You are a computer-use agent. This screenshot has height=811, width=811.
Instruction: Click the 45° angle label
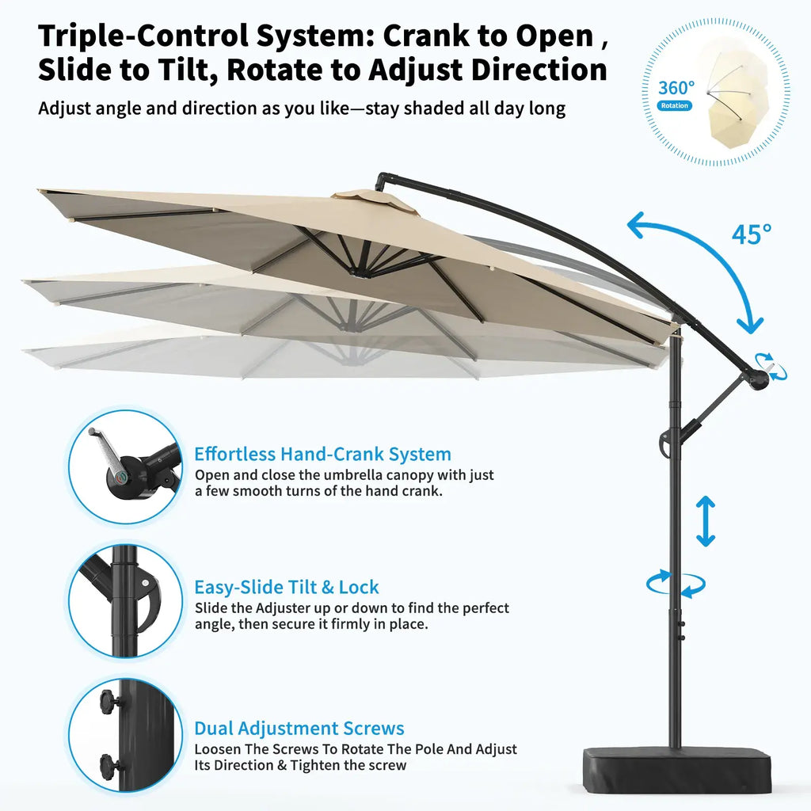(x=752, y=234)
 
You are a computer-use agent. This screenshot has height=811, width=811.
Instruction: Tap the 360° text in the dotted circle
(x=676, y=88)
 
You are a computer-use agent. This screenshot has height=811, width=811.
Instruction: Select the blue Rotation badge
(x=675, y=105)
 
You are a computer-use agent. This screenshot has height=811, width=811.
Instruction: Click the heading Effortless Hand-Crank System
(x=323, y=454)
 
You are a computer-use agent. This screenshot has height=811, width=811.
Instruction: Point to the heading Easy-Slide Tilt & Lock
(x=287, y=587)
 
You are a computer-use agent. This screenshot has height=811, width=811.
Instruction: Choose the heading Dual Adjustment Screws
(x=299, y=729)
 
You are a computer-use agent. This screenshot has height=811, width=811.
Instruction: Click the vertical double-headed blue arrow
(x=706, y=521)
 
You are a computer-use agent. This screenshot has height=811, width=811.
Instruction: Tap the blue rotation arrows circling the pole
(x=676, y=584)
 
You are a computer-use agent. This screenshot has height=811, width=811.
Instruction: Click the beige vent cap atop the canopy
(x=374, y=200)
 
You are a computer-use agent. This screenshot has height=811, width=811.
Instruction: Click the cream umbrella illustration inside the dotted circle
(x=738, y=97)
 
